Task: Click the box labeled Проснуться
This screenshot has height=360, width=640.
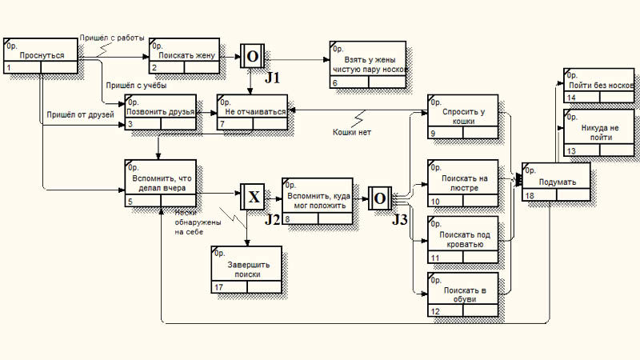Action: coord(42,57)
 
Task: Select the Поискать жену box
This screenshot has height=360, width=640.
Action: coord(184,57)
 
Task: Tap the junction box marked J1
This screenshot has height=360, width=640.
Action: coord(252,56)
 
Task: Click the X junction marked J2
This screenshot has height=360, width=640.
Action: coord(252,197)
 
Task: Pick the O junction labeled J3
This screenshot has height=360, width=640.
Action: coord(379,198)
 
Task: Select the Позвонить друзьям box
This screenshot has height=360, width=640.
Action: coord(160,112)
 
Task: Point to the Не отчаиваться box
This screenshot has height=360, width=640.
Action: coord(252,112)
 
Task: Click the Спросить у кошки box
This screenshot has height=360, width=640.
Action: coord(462,118)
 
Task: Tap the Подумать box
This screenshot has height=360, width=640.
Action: coord(556,182)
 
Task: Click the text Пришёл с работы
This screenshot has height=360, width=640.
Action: coord(112,38)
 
